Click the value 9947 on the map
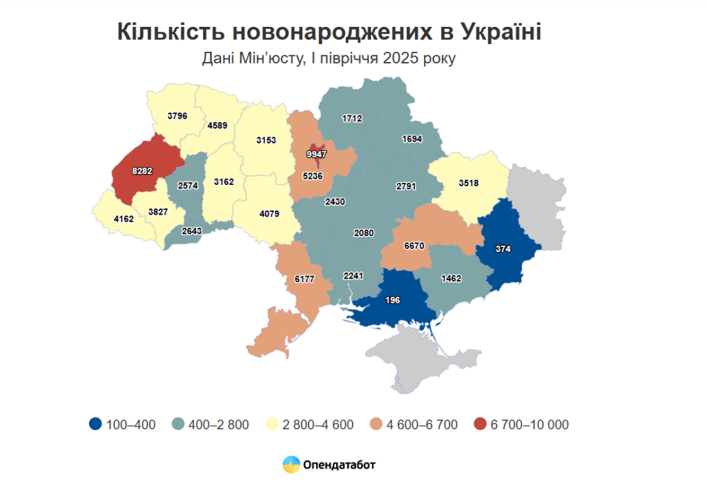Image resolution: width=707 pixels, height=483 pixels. (x=317, y=155)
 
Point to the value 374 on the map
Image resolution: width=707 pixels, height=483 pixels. (x=503, y=249)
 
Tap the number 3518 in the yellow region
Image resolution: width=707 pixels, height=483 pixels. (x=469, y=183)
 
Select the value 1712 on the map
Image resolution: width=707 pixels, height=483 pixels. (x=352, y=119)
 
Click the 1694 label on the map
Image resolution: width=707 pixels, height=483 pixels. (x=412, y=139)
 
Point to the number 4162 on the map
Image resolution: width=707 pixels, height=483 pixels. (x=124, y=219)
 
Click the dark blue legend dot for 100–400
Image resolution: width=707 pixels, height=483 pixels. (x=96, y=424)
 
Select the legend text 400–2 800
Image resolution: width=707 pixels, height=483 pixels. (x=221, y=424)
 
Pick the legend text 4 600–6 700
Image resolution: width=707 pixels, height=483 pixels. (x=423, y=424)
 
